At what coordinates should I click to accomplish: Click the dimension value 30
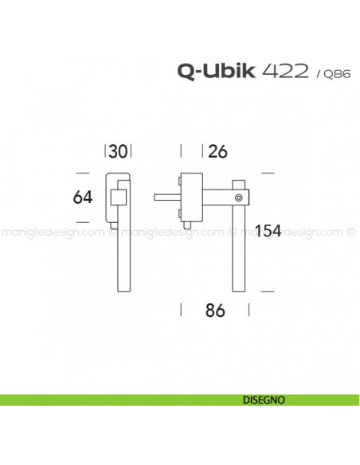(x=119, y=151)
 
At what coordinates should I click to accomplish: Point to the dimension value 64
(x=83, y=197)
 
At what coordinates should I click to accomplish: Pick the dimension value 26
(x=217, y=151)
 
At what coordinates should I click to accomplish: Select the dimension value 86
(x=215, y=311)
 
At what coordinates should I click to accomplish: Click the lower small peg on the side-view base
(x=181, y=212)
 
